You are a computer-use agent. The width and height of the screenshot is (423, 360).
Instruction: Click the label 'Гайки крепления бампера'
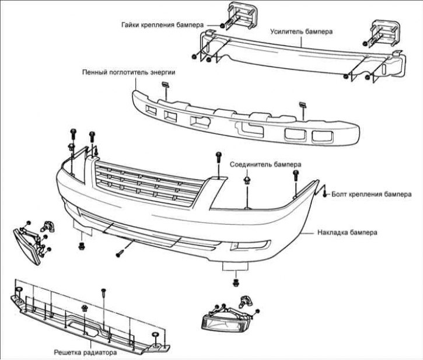[x=163, y=26]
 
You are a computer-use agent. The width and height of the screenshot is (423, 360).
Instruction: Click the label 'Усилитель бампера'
[x=301, y=32]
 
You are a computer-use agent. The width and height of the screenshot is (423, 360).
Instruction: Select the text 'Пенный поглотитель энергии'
[x=129, y=72]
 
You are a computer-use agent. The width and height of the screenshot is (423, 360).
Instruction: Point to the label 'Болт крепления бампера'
[x=372, y=194]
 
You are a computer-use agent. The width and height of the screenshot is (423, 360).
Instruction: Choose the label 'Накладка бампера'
[x=348, y=232]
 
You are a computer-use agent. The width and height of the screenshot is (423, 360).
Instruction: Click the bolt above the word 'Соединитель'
[x=218, y=155]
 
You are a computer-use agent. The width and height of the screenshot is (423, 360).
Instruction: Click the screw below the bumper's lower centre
[x=119, y=253]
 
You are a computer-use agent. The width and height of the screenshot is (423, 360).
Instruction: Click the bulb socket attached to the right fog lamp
[x=245, y=302]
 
